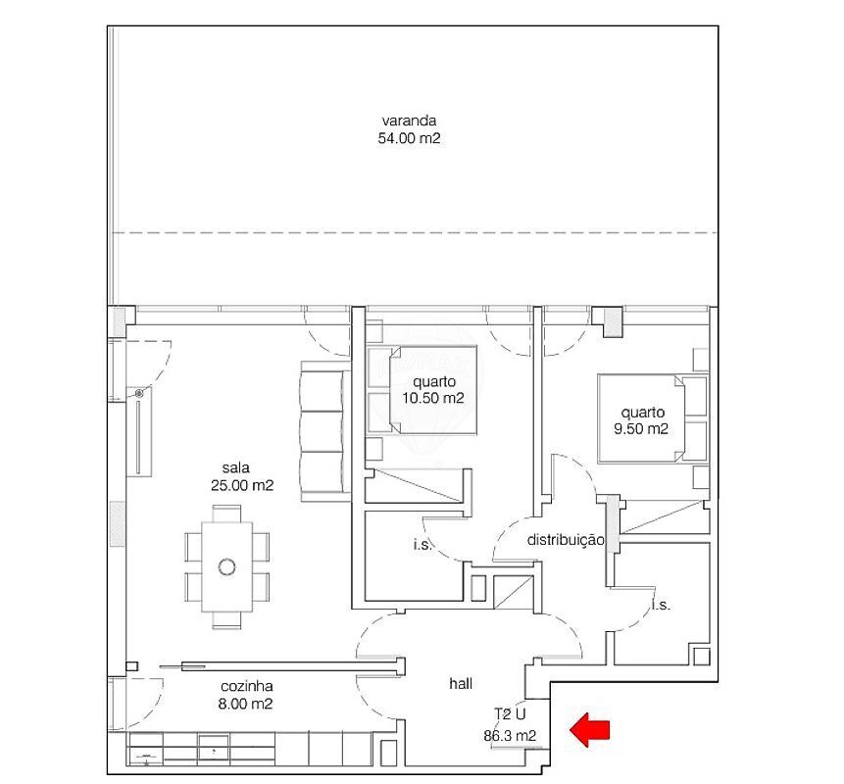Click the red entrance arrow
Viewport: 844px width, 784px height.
[590, 731]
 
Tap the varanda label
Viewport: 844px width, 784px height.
[409, 121]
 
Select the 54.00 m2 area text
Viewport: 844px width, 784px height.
[409, 138]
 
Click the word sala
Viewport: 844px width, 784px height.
[236, 467]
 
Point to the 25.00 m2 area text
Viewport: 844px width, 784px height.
[242, 485]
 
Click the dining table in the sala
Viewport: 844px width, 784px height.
[226, 566]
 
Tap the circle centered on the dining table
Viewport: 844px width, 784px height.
[226, 566]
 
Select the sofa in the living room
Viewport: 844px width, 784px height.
[322, 431]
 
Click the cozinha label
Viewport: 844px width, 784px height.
[246, 686]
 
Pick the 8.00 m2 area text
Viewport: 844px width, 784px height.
[245, 704]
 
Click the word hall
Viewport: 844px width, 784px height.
[461, 683]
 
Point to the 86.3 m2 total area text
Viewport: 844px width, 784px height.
[510, 736]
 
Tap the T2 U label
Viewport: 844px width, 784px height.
[510, 714]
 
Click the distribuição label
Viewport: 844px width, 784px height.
[566, 540]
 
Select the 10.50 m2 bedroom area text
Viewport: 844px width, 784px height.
[432, 398]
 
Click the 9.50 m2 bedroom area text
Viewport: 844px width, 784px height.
[641, 429]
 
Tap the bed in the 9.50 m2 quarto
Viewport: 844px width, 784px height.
[653, 418]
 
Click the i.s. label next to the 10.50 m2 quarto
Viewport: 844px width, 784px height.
[422, 545]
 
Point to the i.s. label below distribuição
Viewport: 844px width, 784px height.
[661, 605]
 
